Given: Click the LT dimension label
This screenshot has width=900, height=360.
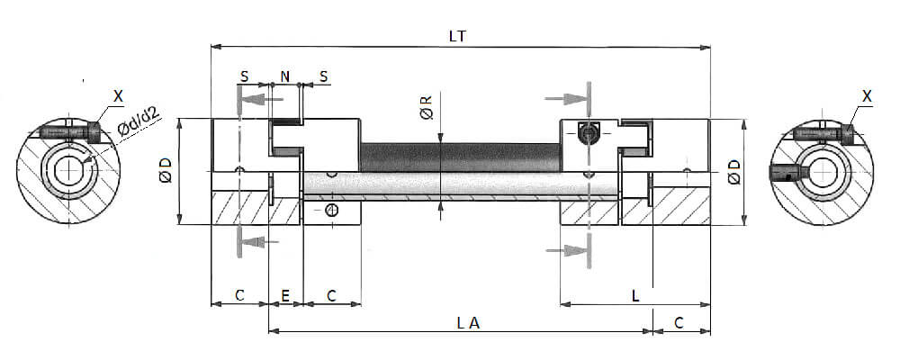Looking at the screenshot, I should tap(459, 36).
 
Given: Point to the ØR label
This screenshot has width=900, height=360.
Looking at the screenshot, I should tap(426, 109).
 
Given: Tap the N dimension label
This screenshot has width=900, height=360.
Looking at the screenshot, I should tap(285, 76).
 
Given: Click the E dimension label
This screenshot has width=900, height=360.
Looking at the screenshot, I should tap(285, 294).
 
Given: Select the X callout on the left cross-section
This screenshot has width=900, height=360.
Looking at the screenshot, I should tap(121, 94).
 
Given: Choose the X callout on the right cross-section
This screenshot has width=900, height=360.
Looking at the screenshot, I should tap(867, 94).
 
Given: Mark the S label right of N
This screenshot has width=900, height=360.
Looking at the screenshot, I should tap(323, 76).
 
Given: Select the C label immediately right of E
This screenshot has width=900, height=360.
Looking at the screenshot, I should tap(331, 294).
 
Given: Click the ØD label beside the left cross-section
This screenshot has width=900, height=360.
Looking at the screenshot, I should tap(166, 171).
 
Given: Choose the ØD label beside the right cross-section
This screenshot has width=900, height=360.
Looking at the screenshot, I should tap(733, 171).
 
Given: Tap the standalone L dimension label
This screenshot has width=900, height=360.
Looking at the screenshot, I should tap(635, 294).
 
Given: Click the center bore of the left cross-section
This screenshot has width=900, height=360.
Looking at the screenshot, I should tap(67, 171).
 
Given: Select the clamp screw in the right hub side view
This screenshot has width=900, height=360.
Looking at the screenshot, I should tap(589, 133).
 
